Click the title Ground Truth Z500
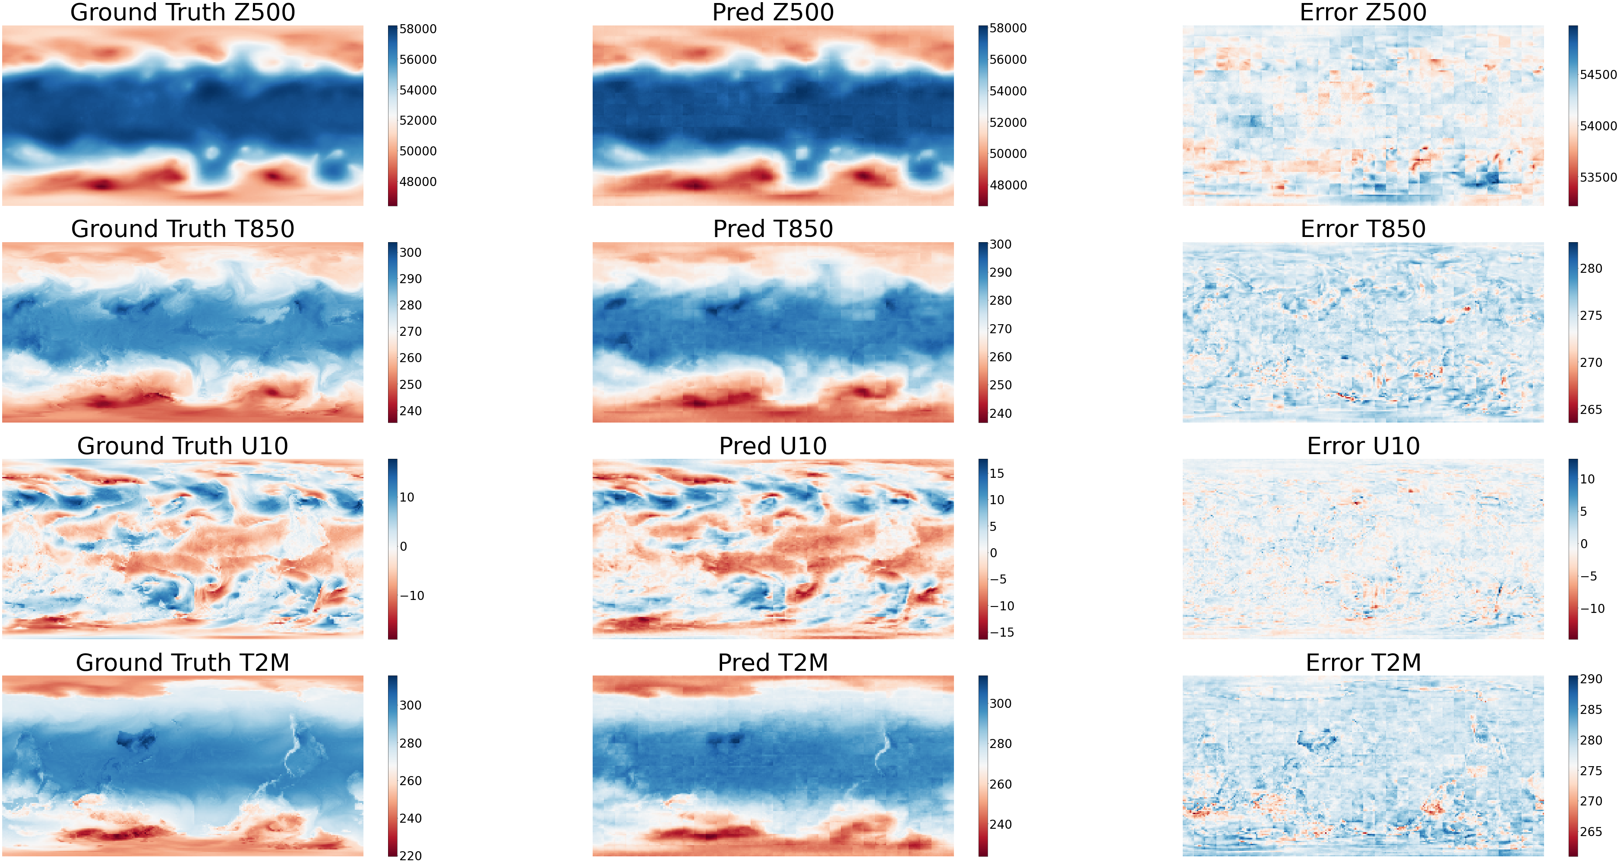[x=183, y=13]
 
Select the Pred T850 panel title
[x=773, y=229]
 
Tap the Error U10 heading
[x=1363, y=446]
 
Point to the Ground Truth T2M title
[x=183, y=663]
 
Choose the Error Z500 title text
[x=1363, y=13]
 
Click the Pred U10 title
[x=773, y=446]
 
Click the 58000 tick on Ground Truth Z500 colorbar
[x=417, y=29]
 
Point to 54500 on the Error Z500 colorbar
[x=1598, y=75]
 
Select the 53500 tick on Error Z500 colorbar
[x=1598, y=178]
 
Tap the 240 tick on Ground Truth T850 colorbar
[x=410, y=411]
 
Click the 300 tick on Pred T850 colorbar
[x=1000, y=245]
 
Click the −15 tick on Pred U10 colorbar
[x=1002, y=632]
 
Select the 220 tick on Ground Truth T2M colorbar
[x=410, y=856]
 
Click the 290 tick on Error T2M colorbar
[x=1591, y=679]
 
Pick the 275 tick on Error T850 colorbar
[x=1591, y=316]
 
